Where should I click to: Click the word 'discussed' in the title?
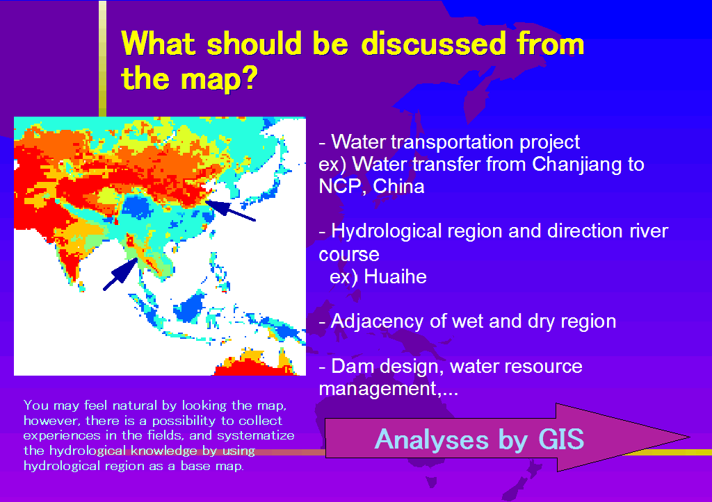(x=434, y=44)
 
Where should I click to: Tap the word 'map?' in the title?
(x=219, y=79)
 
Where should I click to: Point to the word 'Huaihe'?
(x=395, y=276)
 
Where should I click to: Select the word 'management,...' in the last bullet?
(x=388, y=389)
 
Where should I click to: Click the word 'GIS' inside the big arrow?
(x=560, y=439)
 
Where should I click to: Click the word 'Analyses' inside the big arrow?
(x=431, y=440)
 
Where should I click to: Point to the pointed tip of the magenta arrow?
(x=689, y=437)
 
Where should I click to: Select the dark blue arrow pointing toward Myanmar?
(x=121, y=274)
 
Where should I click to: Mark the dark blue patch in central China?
(x=137, y=207)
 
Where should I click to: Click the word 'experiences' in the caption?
(x=62, y=436)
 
